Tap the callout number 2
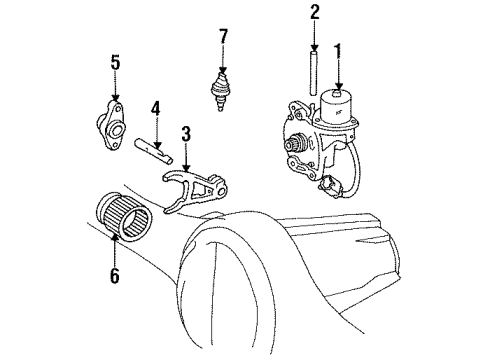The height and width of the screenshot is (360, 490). pos(314,12)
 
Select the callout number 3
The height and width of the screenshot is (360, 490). pos(186,134)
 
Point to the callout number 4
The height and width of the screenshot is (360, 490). pos(156,109)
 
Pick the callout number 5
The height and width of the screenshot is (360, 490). pos(115,62)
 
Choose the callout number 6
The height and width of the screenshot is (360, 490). pos(115,275)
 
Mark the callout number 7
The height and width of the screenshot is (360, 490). pos(223,37)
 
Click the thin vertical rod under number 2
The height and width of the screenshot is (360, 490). pos(314,74)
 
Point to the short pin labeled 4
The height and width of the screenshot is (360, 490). pos(153,150)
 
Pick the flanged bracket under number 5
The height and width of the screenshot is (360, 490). pos(110,125)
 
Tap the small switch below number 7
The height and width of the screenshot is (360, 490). pos(219,91)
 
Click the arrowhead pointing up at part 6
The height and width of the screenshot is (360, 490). pos(115,237)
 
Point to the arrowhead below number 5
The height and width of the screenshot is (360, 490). pos(115,98)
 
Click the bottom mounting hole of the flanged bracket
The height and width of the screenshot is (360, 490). pos(115,145)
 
